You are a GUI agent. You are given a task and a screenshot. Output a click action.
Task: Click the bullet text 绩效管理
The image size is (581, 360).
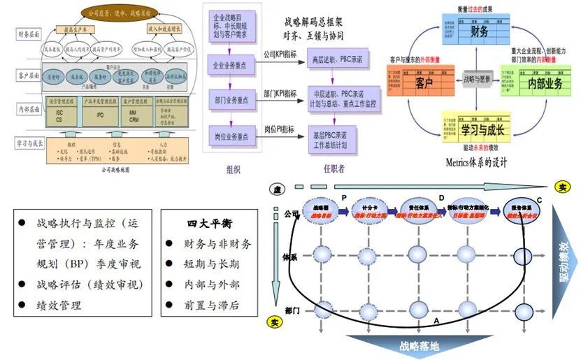point(56,305)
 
